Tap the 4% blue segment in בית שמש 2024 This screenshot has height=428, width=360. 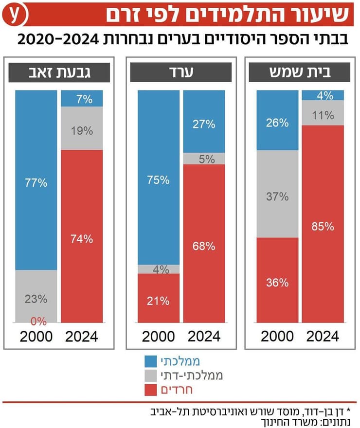click(x=323, y=95)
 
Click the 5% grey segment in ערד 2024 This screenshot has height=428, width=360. click(x=204, y=159)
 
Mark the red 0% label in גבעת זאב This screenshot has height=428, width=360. click(x=38, y=321)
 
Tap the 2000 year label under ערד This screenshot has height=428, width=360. click(x=158, y=336)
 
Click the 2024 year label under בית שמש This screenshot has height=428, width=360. click(x=323, y=336)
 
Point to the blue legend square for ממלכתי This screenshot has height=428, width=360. click(x=151, y=361)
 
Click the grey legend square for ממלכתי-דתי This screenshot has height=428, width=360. click(x=151, y=375)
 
